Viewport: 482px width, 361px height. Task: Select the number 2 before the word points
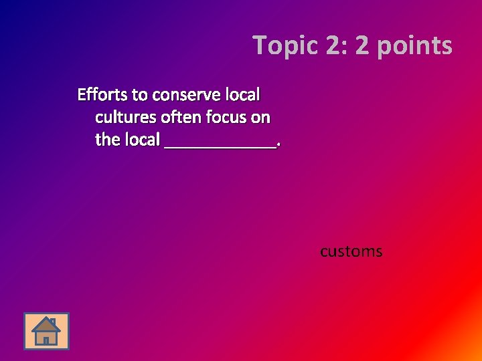362,46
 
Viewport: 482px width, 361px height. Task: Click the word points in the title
413,46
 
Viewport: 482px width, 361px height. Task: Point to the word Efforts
102,94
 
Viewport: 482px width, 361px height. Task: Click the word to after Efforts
140,94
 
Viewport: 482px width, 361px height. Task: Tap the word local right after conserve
242,94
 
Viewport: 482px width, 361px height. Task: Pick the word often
181,118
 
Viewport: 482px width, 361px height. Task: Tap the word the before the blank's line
108,140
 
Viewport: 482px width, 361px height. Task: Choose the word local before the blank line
142,140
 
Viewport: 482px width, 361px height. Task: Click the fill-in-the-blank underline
220,146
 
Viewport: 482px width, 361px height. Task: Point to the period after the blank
278,145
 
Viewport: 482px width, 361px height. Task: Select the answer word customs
351,252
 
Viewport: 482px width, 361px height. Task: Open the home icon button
46,331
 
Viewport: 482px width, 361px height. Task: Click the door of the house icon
46,340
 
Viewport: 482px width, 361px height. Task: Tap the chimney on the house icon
53,322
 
